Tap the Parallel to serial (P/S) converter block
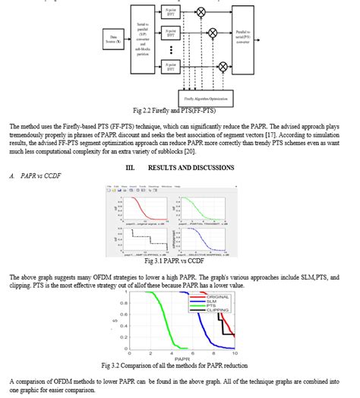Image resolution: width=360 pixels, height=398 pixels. point(246,36)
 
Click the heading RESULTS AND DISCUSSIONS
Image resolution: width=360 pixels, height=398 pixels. point(181,166)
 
